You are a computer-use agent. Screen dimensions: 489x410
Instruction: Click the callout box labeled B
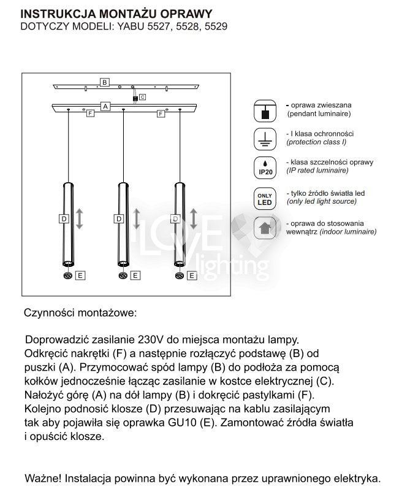click(105, 82)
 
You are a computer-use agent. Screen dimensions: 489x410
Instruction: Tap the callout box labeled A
click(105, 106)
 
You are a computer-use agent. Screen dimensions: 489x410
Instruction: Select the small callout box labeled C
click(142, 97)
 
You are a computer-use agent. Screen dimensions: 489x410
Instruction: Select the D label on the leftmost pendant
click(63, 218)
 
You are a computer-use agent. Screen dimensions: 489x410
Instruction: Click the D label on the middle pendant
click(119, 218)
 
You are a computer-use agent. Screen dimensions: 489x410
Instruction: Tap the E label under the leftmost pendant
click(80, 276)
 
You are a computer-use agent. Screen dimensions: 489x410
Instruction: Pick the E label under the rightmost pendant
click(192, 276)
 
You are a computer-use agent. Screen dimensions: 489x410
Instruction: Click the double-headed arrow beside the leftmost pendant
click(78, 218)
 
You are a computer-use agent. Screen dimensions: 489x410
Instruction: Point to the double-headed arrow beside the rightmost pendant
click(193, 218)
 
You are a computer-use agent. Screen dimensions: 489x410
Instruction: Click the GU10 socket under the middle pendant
click(123, 276)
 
